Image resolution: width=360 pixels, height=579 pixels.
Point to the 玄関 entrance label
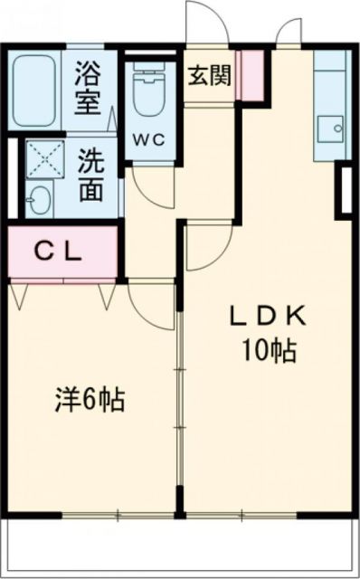(x=209, y=75)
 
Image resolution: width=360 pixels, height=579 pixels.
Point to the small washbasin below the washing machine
(x=40, y=198)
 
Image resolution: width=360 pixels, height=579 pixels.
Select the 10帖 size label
(x=269, y=351)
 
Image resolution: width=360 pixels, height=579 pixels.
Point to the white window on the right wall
(x=345, y=190)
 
